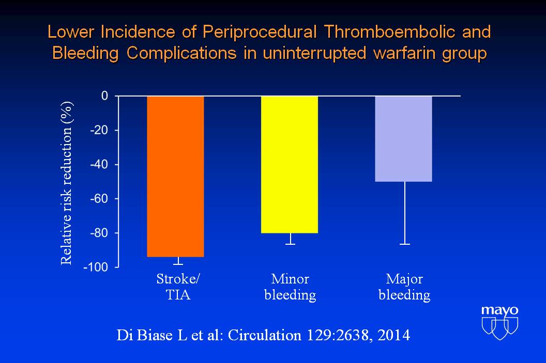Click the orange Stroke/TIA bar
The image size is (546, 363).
[x=175, y=176]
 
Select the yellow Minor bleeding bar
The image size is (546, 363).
[x=290, y=165]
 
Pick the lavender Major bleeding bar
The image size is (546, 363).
[x=404, y=139]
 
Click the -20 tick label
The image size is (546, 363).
[x=99, y=130]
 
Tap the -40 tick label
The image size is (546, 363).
[x=99, y=164]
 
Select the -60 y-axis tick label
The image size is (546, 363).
[x=99, y=198]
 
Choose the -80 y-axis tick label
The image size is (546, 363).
[x=99, y=232]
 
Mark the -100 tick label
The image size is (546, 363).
[x=96, y=267]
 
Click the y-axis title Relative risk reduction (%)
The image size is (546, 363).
[x=66, y=183]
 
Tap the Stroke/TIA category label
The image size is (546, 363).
[x=178, y=287]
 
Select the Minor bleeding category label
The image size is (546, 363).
[x=290, y=287]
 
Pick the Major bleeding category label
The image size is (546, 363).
[x=404, y=287]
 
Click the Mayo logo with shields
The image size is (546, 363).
[x=499, y=323]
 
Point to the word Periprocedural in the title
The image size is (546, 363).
[x=260, y=32]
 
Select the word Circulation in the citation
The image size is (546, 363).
[x=265, y=335]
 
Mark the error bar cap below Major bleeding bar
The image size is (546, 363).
[x=405, y=244]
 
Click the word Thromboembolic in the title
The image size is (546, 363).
[x=390, y=31]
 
